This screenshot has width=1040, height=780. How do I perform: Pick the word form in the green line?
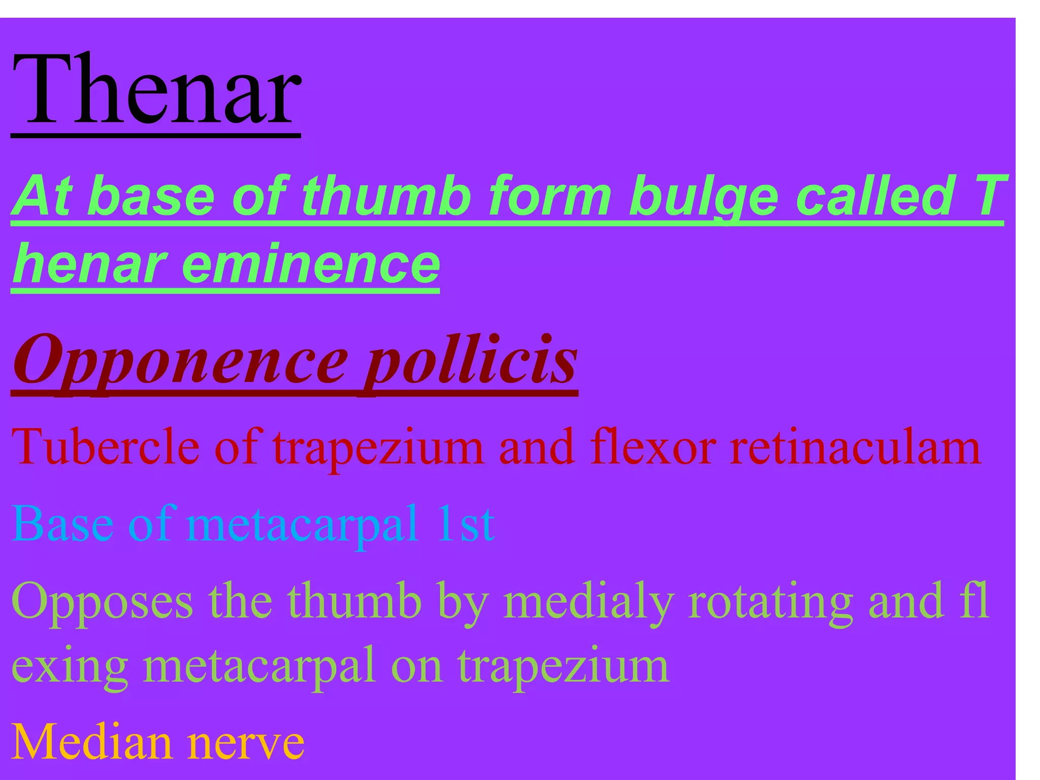click(549, 195)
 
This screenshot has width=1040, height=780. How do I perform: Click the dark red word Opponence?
click(180, 362)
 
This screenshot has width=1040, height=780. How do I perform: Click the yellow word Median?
click(91, 742)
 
